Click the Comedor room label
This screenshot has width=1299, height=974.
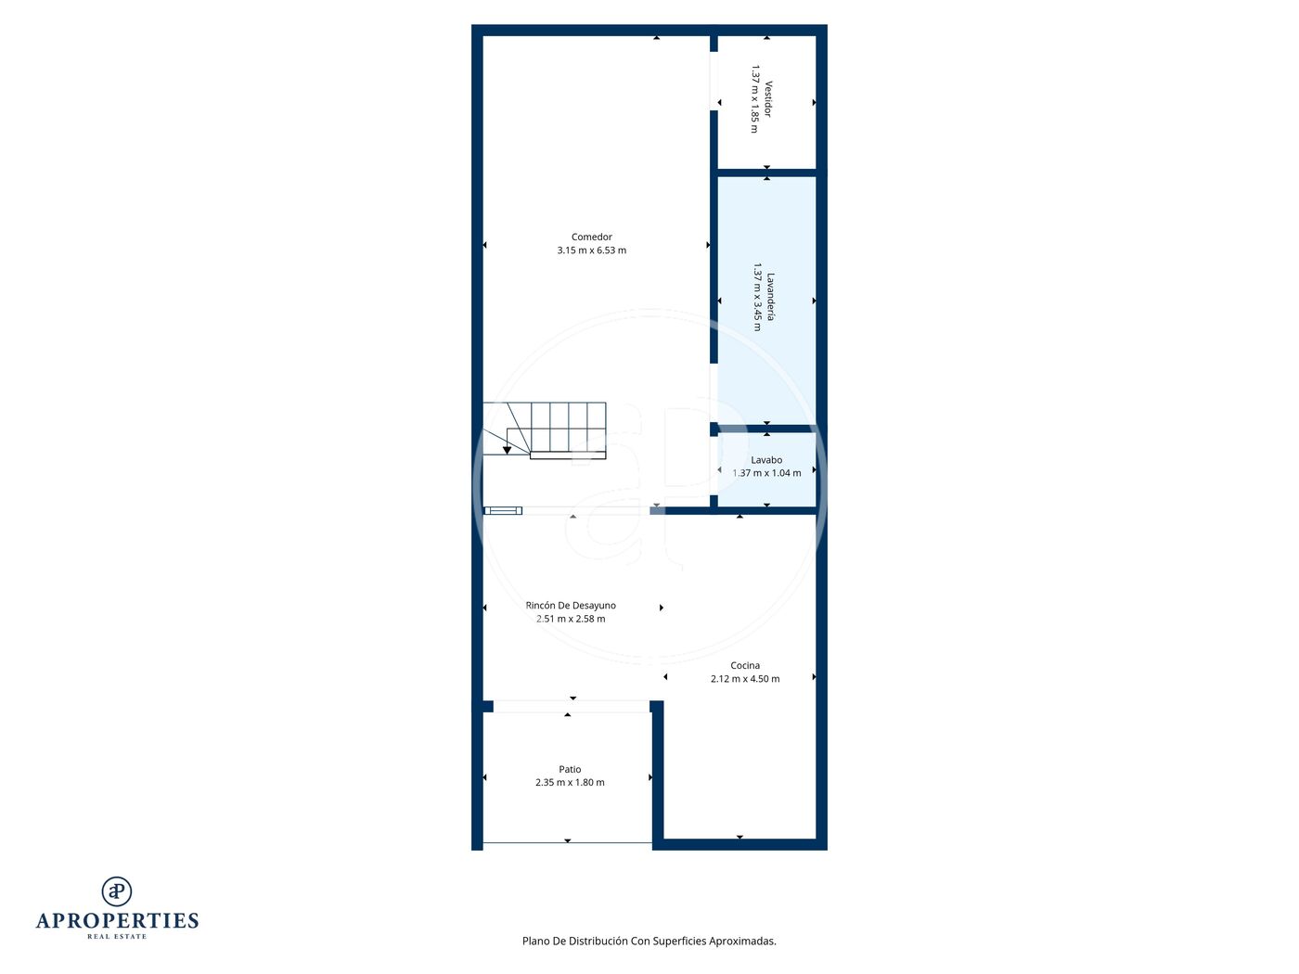591,237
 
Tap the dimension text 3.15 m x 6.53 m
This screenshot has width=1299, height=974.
591,250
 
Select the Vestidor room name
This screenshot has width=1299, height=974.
768,99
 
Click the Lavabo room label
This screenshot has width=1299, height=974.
766,459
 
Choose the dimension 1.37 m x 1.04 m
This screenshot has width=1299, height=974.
766,473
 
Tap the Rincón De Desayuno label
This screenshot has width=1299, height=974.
571,606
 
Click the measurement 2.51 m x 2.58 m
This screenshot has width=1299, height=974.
571,619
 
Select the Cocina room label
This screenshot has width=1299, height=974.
745,665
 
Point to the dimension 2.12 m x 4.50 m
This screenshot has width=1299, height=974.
745,679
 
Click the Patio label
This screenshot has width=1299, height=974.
570,769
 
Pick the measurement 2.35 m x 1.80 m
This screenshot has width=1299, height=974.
570,782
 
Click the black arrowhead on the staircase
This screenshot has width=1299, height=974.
508,451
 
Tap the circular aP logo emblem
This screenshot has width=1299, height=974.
117,891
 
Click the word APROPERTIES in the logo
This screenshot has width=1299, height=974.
117,920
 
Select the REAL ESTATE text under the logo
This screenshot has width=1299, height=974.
117,937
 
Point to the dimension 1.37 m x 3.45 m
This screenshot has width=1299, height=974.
757,297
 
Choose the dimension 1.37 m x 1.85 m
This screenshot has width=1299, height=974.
754,99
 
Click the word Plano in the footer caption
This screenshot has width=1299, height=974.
535,941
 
